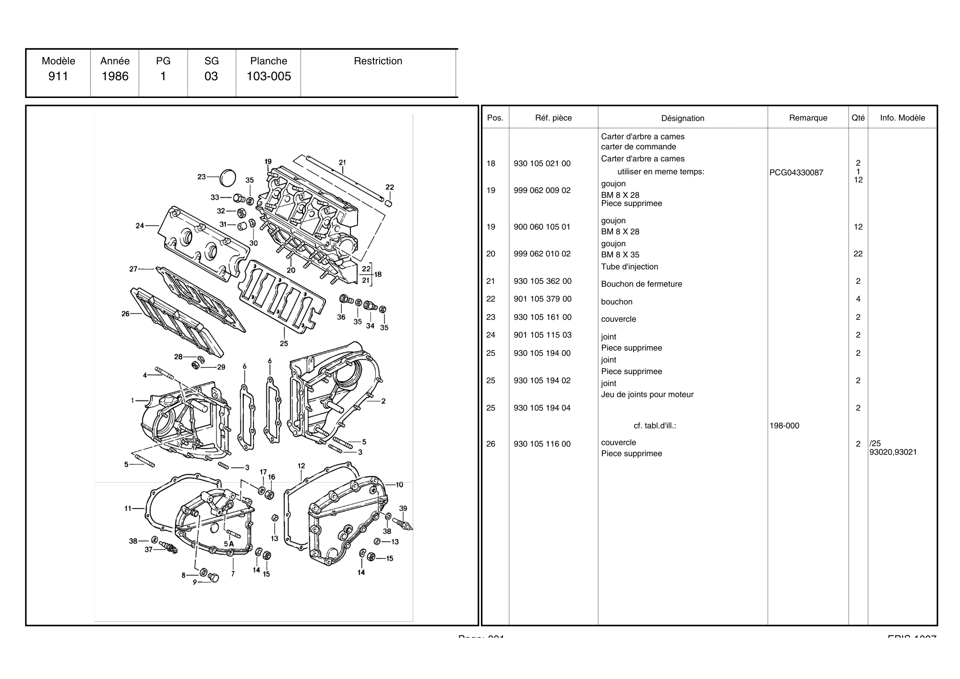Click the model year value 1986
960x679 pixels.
pyautogui.click(x=115, y=76)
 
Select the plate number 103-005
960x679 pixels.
pyautogui.click(x=269, y=76)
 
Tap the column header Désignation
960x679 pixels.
pyautogui.click(x=683, y=118)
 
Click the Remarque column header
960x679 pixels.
pyautogui.click(x=808, y=118)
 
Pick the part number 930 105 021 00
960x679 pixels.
pyautogui.click(x=542, y=164)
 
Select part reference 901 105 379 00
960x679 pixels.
pyautogui.click(x=542, y=299)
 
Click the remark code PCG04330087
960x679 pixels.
pyautogui.click(x=796, y=173)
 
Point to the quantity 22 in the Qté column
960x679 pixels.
pyautogui.click(x=858, y=254)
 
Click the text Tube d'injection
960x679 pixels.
pyautogui.click(x=629, y=267)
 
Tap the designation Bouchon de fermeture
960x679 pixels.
pyautogui.click(x=641, y=284)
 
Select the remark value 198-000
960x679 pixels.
pyautogui.click(x=784, y=426)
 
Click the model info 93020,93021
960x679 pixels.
pyautogui.click(x=893, y=452)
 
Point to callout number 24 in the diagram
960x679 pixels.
pyautogui.click(x=140, y=226)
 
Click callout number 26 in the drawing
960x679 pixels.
pyautogui.click(x=125, y=314)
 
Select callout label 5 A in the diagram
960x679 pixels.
pyautogui.click(x=228, y=544)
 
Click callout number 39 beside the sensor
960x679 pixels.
pyautogui.click(x=403, y=509)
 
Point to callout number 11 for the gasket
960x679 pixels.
pyautogui.click(x=128, y=508)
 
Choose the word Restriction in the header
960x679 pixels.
pyautogui.click(x=378, y=61)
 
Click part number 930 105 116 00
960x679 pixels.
pyautogui.click(x=542, y=444)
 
